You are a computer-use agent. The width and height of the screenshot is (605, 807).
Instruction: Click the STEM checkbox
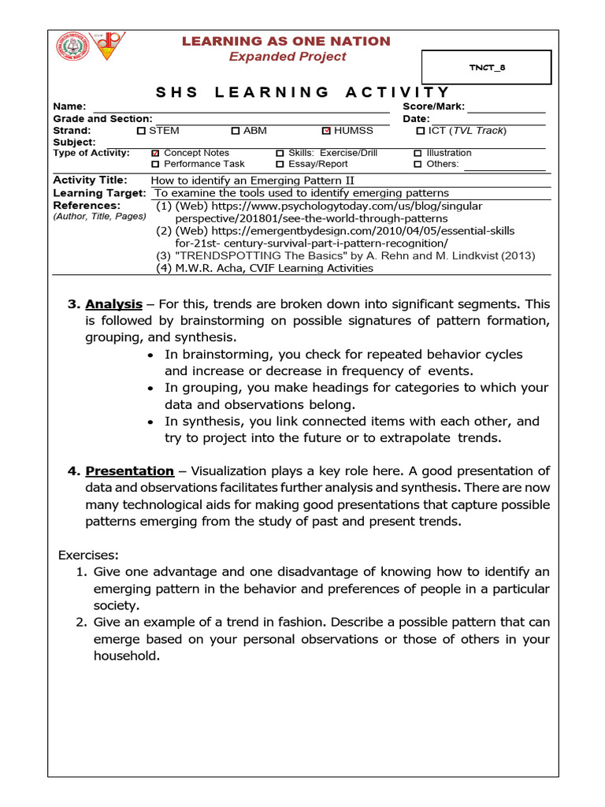coord(141,131)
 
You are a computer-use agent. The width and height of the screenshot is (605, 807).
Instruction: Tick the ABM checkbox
coord(236,131)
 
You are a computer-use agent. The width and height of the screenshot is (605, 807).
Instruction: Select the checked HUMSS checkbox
coord(327,131)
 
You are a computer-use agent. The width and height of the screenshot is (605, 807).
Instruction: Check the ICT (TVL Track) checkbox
coord(421,131)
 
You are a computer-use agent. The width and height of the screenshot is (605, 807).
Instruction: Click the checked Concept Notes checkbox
coord(155,153)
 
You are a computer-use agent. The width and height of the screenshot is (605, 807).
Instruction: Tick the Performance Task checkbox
coord(155,164)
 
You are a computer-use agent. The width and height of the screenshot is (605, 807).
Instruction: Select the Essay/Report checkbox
coord(280,164)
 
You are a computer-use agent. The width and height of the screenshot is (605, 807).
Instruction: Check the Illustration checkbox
coord(418,153)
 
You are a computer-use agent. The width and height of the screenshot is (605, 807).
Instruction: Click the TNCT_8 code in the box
coord(488,68)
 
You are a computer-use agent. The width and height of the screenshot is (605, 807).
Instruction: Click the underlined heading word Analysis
coord(114,304)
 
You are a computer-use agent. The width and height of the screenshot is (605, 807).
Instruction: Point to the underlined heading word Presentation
coord(130,471)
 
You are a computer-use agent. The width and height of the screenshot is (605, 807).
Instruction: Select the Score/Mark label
coord(433,106)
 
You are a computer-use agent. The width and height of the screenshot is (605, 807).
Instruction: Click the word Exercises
coord(88,555)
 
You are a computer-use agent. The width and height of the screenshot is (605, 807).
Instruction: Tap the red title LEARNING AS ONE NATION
coord(286,41)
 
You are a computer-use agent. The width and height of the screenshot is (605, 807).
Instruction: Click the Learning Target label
coord(99,193)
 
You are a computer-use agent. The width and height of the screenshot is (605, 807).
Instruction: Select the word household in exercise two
coord(126,656)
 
